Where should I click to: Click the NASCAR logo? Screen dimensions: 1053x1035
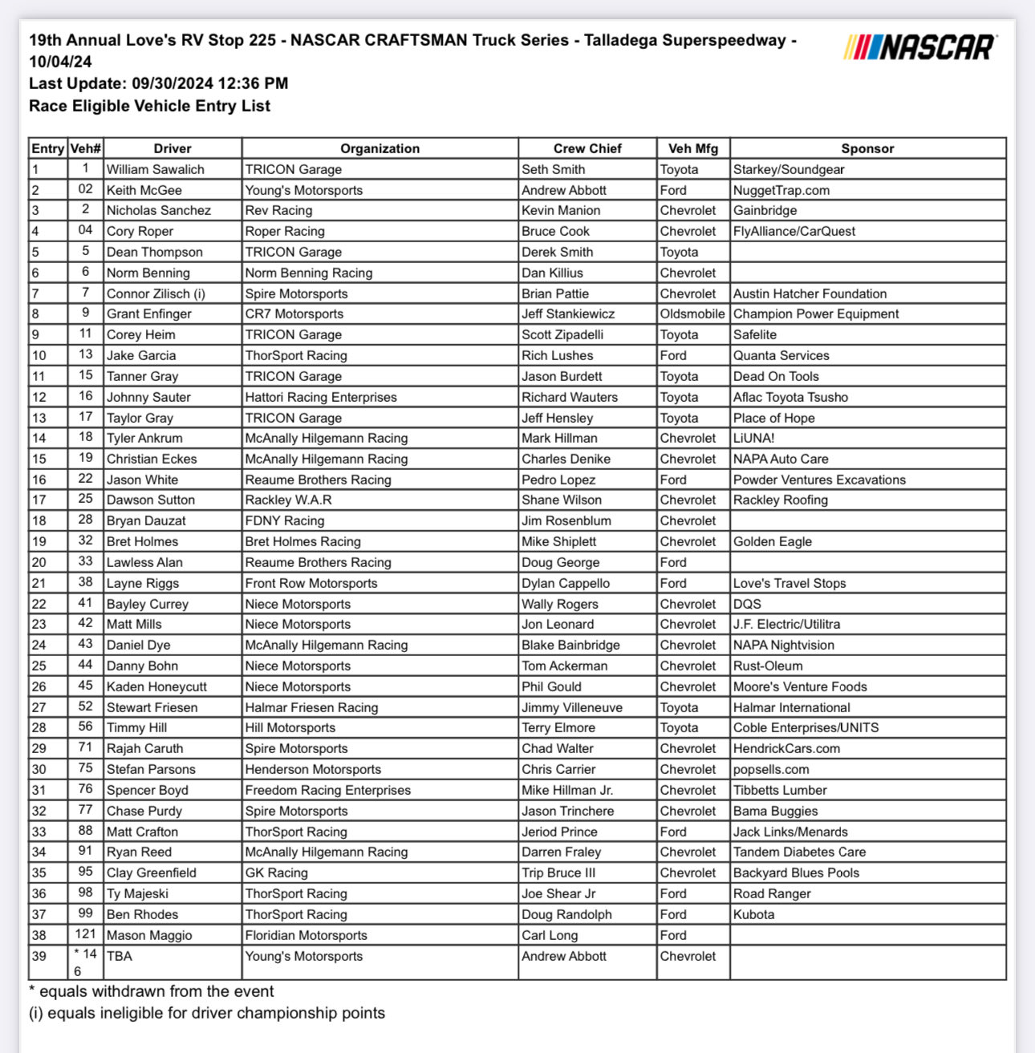920,47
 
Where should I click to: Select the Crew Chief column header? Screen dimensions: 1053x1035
587,148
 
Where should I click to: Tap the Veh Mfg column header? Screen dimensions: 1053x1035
692,148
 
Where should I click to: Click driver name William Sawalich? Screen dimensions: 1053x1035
156,169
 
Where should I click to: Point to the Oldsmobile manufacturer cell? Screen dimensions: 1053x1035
692,314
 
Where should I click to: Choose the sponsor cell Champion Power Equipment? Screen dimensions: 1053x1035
815,314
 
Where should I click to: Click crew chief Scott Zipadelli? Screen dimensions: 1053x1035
562,334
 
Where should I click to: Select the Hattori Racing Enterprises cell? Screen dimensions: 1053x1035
321,397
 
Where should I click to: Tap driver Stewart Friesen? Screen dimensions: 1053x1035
152,707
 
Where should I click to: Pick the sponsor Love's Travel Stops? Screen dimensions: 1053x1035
789,583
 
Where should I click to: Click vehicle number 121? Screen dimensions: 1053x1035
85,934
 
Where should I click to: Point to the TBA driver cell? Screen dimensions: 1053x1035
120,956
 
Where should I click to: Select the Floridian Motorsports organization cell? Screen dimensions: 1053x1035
306,935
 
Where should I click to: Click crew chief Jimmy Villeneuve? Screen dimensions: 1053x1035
572,707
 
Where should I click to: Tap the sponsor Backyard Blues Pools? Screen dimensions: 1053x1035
796,873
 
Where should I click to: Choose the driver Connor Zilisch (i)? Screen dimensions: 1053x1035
156,294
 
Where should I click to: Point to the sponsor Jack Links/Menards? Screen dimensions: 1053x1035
790,832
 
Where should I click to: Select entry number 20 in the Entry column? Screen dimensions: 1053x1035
39,562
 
